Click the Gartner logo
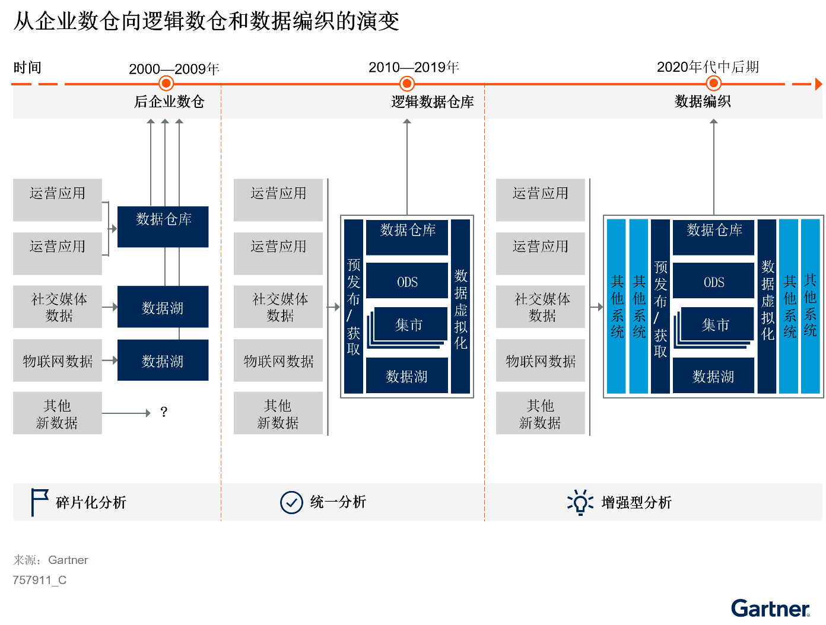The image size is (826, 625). click(770, 608)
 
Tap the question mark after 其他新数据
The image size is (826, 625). click(164, 412)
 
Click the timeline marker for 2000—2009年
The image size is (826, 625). click(167, 84)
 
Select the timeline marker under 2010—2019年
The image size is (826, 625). click(407, 84)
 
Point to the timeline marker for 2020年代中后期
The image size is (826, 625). click(714, 84)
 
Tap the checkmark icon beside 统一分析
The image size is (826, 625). click(291, 502)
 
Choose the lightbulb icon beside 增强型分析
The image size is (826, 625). click(580, 502)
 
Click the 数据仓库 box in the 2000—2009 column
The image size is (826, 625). click(163, 227)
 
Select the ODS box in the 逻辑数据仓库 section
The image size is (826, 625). click(407, 282)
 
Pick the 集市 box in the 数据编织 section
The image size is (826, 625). click(716, 324)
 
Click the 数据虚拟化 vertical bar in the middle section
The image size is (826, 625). click(460, 307)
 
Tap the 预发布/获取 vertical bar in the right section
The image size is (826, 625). click(660, 307)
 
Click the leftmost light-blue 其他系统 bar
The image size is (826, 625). click(617, 307)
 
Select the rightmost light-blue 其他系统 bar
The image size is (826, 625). click(810, 307)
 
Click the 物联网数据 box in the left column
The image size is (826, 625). click(58, 361)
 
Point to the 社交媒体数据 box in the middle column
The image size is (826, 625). click(278, 307)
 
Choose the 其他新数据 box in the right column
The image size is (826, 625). click(540, 413)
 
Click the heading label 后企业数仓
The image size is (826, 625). click(169, 102)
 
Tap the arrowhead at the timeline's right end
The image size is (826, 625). click(818, 84)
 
